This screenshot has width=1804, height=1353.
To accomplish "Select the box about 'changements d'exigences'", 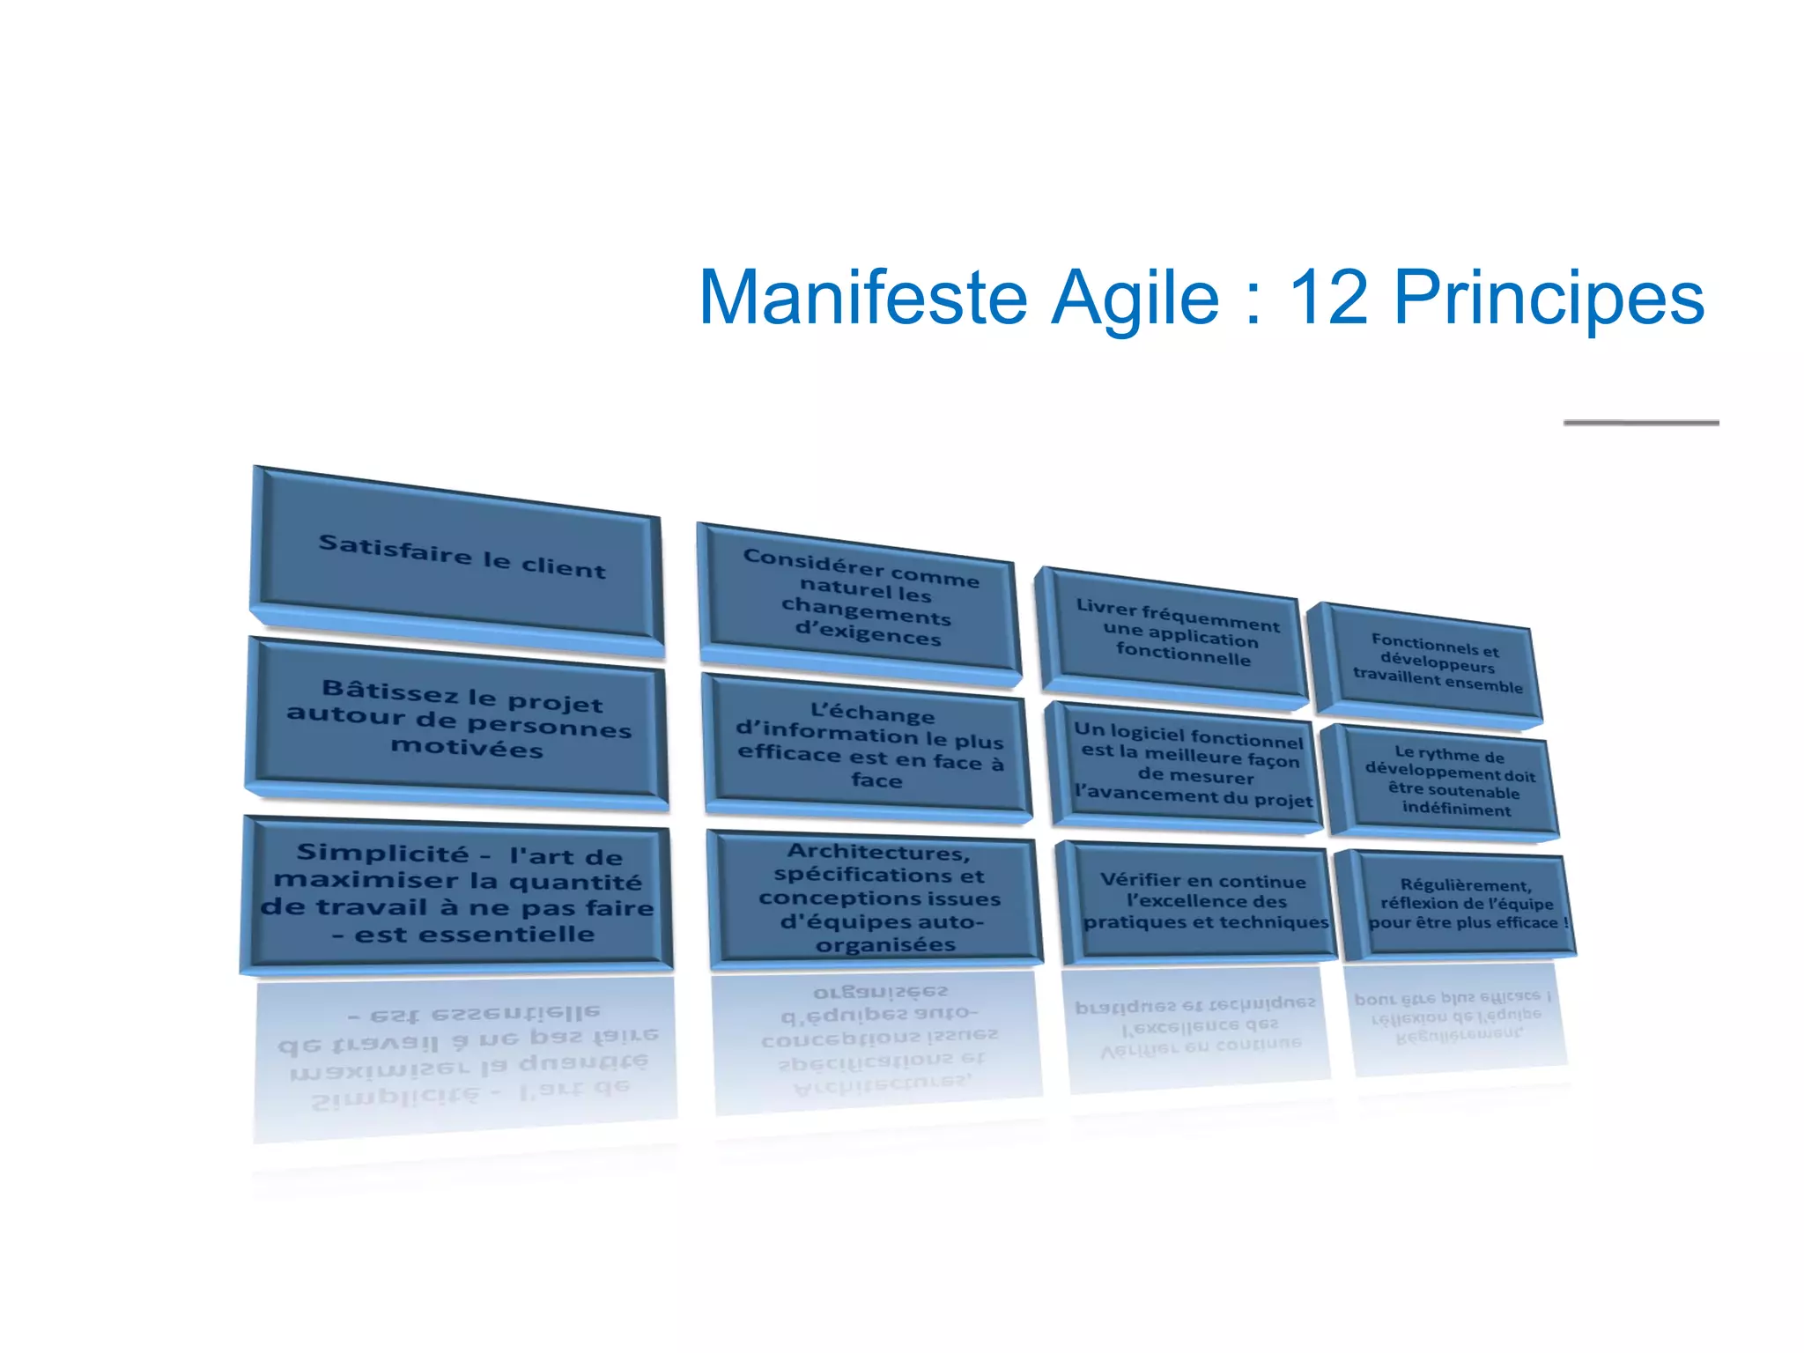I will [861, 599].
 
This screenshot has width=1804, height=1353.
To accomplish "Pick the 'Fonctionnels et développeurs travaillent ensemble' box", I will [1431, 665].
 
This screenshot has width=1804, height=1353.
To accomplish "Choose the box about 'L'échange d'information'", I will [869, 746].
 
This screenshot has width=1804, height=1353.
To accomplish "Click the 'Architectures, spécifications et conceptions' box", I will [878, 898].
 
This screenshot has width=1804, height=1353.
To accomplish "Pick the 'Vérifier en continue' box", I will [1202, 901].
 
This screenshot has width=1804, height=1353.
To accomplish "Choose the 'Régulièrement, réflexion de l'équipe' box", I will [1462, 904].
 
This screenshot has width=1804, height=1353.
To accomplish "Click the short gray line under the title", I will [1640, 423].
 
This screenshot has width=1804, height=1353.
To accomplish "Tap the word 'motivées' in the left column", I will [467, 749].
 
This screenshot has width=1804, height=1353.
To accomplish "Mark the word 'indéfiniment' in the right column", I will [1456, 809].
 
